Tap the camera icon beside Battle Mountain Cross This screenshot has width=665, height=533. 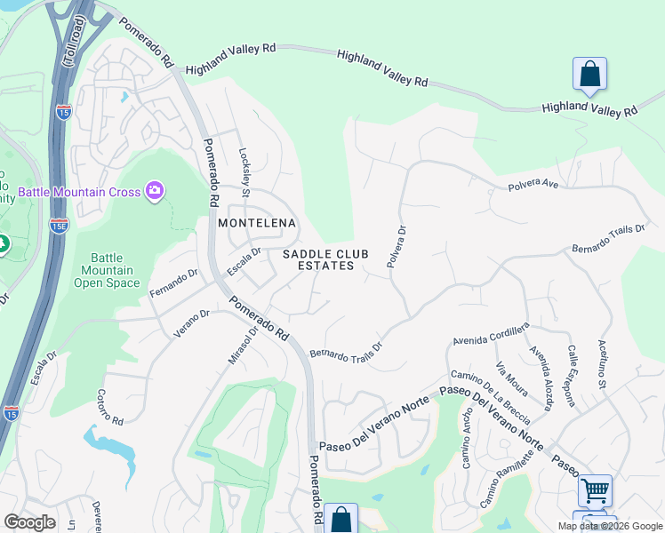pyautogui.click(x=155, y=191)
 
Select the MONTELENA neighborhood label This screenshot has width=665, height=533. pyautogui.click(x=256, y=223)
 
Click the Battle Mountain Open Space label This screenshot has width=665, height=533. pyautogui.click(x=107, y=270)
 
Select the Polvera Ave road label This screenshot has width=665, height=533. pyautogui.click(x=533, y=187)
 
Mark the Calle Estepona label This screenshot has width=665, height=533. pyautogui.click(x=573, y=376)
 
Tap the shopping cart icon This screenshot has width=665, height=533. pyautogui.click(x=595, y=489)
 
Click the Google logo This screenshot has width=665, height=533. pyautogui.click(x=29, y=522)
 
